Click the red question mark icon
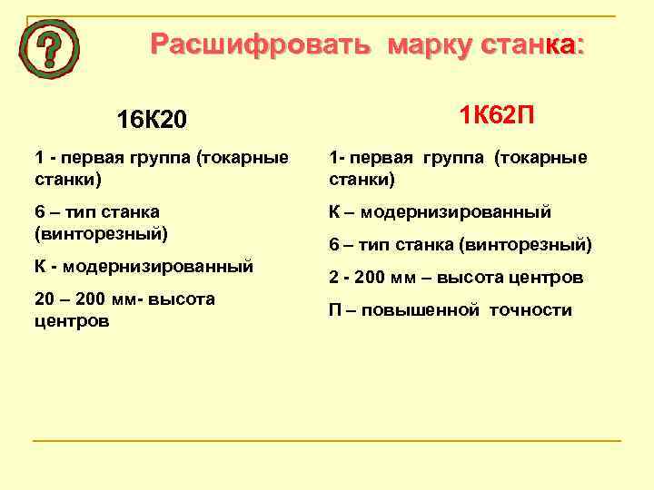[x=49, y=50]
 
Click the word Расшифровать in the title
[x=261, y=44]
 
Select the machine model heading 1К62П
[x=496, y=115]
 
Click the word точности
[x=530, y=310]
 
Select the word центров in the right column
[x=544, y=278]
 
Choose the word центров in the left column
[x=72, y=321]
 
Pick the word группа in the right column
[x=448, y=158]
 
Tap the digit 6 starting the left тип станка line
[x=40, y=212]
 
